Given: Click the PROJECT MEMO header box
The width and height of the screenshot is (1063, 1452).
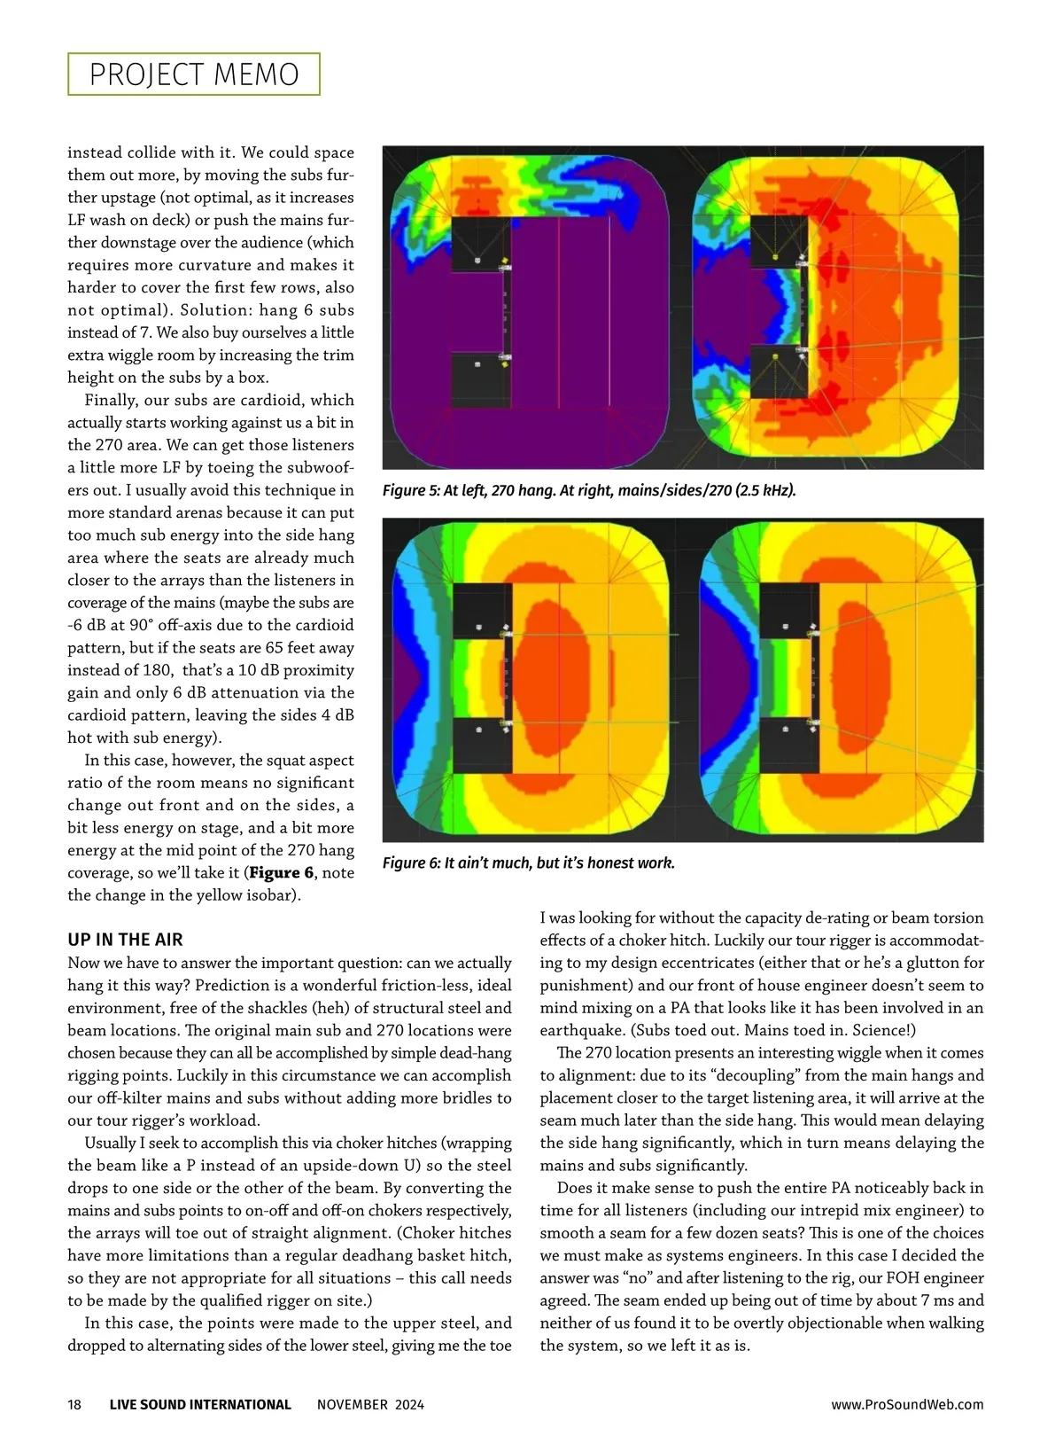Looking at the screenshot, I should click(194, 74).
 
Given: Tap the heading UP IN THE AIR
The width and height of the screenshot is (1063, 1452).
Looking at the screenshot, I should click(125, 940).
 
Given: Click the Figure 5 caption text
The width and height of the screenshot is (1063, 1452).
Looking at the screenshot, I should click(589, 490).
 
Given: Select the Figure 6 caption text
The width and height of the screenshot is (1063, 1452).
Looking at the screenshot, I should click(529, 863).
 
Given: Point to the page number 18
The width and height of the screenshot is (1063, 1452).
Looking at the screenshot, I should click(74, 1404).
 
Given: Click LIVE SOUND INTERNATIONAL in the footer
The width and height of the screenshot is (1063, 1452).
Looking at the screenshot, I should click(200, 1404).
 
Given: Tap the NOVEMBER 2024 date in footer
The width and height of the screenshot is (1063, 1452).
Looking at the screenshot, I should click(370, 1404).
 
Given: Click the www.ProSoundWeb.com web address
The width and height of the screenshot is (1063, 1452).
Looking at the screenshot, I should click(907, 1404).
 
